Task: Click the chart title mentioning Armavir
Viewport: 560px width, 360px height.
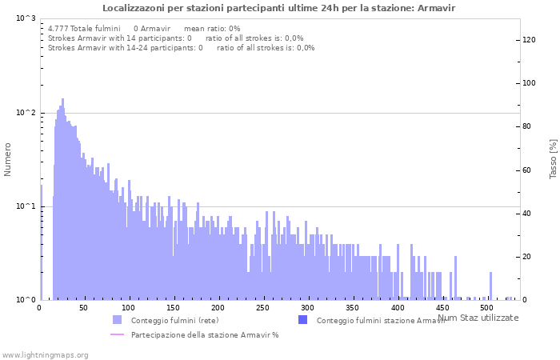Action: [279, 7]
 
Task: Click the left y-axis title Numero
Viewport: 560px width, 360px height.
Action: [8, 159]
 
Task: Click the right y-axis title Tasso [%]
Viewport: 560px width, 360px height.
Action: [553, 159]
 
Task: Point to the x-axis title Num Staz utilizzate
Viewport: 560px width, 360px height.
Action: [478, 318]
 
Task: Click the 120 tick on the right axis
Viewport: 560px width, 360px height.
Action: [530, 40]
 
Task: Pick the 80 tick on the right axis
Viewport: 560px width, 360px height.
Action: [528, 126]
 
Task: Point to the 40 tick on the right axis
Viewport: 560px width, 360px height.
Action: [528, 214]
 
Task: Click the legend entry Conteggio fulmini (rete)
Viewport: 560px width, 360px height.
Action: [174, 321]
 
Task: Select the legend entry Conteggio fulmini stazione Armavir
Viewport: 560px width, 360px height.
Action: [381, 321]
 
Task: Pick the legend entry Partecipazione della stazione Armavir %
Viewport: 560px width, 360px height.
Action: [204, 334]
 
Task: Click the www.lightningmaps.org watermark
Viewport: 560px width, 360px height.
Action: [45, 354]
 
